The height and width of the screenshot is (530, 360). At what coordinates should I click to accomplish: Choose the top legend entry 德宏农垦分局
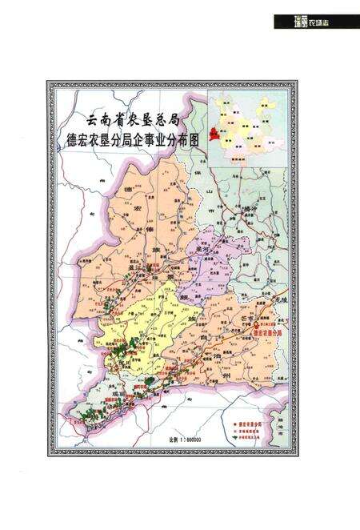[x=250, y=417]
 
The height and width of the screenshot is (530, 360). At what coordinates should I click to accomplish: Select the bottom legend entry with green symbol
[x=250, y=432]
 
